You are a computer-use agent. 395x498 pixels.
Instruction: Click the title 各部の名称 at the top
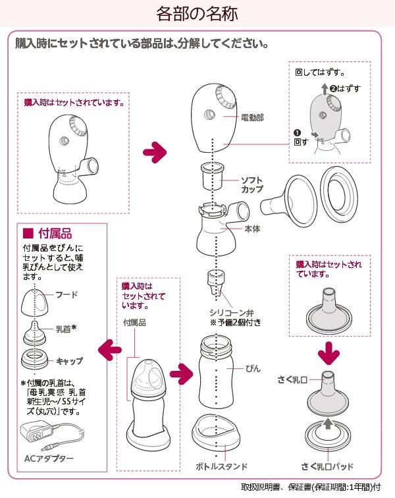197,14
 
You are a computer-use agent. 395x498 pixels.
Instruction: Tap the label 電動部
252,117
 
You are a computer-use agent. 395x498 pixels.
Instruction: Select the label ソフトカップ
252,184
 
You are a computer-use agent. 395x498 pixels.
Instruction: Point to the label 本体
252,229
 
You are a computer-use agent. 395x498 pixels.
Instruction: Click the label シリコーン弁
231,312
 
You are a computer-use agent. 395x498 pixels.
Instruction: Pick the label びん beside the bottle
253,368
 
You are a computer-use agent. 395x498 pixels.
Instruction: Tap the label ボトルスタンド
221,466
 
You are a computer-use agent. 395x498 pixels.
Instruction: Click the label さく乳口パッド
327,466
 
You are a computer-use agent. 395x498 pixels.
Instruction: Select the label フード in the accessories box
66,294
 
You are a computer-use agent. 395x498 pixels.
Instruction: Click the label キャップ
70,361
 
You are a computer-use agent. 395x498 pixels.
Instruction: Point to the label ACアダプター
49,458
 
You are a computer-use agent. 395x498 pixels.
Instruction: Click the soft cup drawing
213,175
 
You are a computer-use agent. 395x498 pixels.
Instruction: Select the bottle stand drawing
216,431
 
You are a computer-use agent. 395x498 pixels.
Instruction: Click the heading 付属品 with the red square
47,233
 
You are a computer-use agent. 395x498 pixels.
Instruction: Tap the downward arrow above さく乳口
329,353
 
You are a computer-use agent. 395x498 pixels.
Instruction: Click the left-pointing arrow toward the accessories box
110,350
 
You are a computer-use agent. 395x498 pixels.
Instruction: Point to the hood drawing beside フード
36,302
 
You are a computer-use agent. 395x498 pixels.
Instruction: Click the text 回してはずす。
320,72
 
